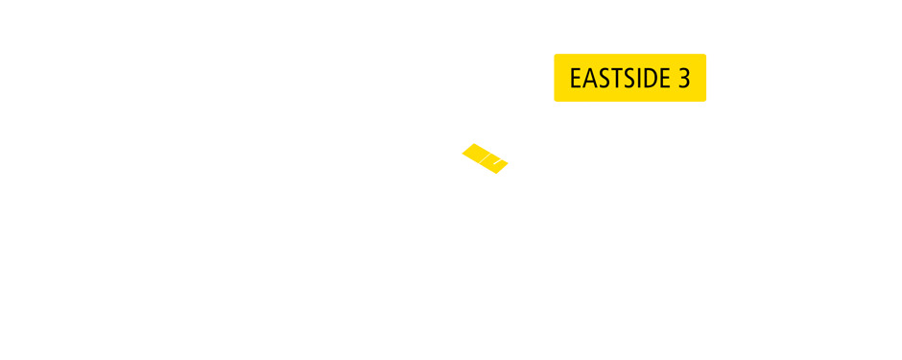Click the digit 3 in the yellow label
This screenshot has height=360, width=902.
tap(684, 79)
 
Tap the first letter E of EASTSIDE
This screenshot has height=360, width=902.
tap(576, 79)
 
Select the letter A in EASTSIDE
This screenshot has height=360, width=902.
tap(588, 79)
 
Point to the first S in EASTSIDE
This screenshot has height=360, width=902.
tap(601, 79)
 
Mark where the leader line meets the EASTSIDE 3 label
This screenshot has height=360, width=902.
tap(591, 102)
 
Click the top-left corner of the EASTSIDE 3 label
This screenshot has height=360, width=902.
tap(555, 54)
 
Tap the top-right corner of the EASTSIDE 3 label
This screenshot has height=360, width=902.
tap(706, 54)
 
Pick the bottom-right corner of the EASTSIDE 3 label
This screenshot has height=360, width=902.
tap(706, 101)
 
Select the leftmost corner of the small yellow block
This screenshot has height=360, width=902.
tap(462, 153)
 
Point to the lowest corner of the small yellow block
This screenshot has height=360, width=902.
tap(495, 175)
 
